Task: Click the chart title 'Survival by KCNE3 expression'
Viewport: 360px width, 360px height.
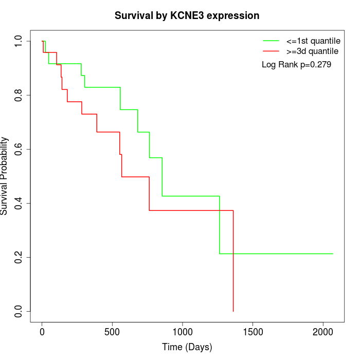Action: point(187,15)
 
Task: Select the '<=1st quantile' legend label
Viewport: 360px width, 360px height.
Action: point(313,41)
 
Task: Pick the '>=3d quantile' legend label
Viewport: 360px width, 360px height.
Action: point(312,51)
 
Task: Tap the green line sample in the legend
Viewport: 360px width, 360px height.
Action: point(271,41)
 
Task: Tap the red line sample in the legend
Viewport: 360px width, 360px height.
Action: point(271,51)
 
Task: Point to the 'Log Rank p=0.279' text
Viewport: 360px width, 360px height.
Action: point(296,65)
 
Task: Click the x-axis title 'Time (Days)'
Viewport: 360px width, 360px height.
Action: point(187,347)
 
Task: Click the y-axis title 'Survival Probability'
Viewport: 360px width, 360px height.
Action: point(5,176)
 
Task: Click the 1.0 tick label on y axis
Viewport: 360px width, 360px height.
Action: point(19,41)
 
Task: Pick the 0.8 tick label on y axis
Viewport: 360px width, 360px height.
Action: point(19,95)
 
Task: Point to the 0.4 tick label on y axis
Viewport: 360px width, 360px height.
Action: point(19,203)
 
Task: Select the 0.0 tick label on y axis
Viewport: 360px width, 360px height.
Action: point(19,311)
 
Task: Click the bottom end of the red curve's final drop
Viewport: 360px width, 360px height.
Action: point(233,311)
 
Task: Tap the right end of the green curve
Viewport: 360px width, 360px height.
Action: point(333,254)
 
